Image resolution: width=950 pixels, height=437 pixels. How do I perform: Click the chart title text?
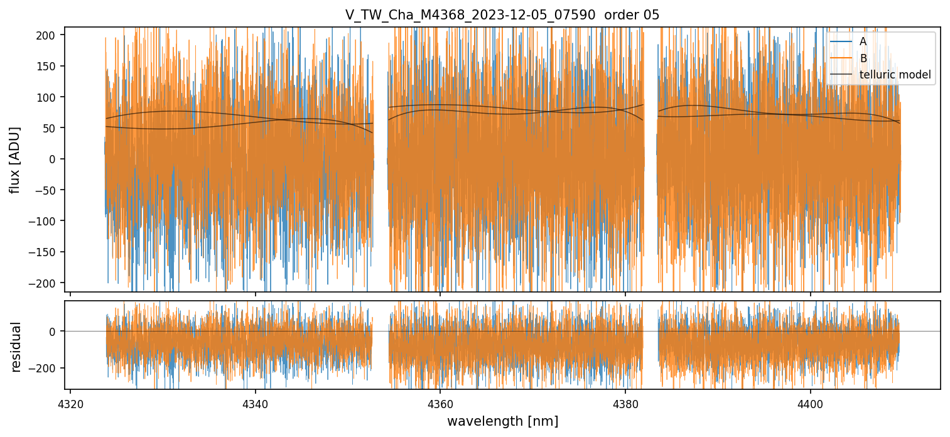(502, 15)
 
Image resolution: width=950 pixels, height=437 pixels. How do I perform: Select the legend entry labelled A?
(863, 41)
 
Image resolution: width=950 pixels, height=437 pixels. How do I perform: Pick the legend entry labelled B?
(863, 58)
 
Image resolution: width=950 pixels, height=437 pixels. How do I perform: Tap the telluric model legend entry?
(895, 75)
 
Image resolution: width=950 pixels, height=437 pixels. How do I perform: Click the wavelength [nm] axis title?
(502, 421)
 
